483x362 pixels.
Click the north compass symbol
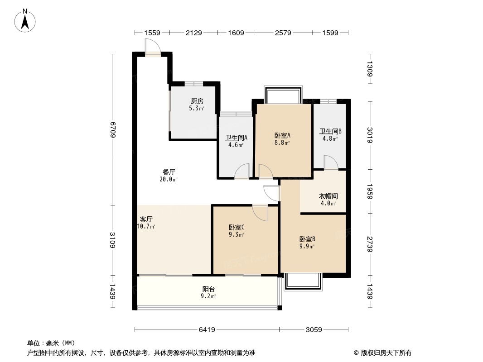coord(26,20)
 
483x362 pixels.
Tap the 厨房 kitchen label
coord(196,101)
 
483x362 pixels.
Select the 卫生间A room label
coord(236,138)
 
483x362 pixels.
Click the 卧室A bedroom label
coord(282,135)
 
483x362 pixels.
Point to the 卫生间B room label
coord(330,131)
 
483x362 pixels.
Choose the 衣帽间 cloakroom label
coord(328,196)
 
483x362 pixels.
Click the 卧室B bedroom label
coord(307,239)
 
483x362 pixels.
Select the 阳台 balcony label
coord(208,289)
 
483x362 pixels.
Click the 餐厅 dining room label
coord(169,172)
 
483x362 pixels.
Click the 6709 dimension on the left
coord(113,129)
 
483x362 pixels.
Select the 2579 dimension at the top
coord(283,33)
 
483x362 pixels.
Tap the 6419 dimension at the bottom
coord(207,330)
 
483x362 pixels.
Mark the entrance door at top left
coord(153,48)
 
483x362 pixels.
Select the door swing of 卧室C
coord(260,212)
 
